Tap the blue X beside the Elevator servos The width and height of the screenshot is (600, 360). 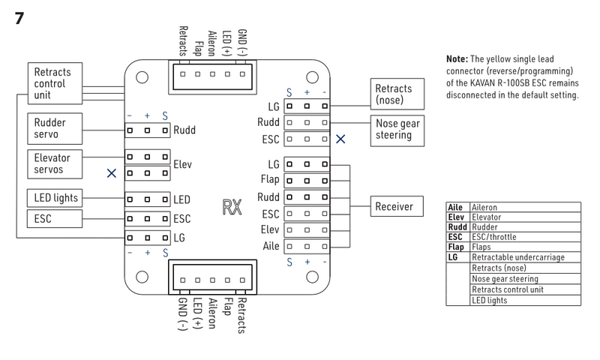coord(111,172)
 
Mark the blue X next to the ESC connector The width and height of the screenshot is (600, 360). coord(340,139)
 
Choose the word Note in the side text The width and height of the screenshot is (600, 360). coord(458,58)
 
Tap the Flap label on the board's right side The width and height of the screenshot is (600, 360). coord(270,180)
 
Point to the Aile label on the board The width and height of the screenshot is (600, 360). coord(270,245)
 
